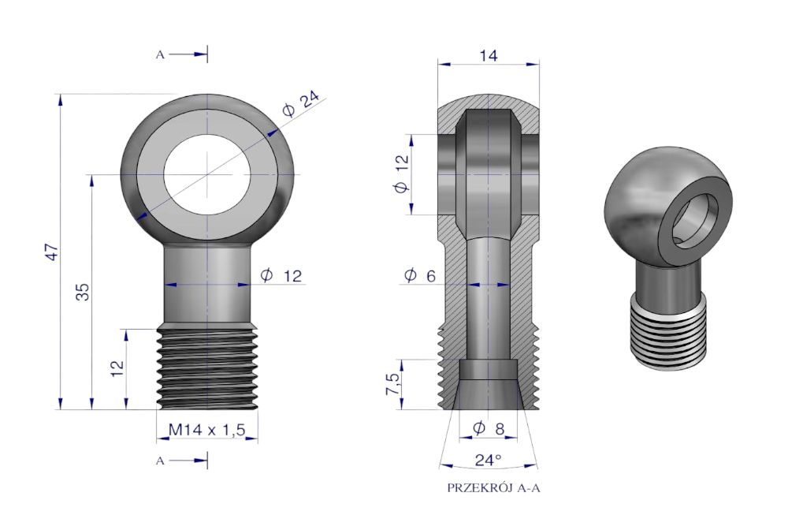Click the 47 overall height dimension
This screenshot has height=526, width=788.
coord(54,252)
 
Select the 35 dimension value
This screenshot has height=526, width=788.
coord(84,292)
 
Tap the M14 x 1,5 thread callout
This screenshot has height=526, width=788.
coord(206,430)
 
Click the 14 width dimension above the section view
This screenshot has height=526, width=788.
coord(488,55)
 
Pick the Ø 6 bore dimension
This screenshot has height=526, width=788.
coord(420,275)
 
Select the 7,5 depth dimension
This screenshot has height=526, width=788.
coord(393,384)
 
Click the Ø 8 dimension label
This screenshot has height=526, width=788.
coord(489,428)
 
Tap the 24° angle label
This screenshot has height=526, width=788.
coord(488,460)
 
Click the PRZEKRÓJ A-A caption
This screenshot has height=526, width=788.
coord(493,488)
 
